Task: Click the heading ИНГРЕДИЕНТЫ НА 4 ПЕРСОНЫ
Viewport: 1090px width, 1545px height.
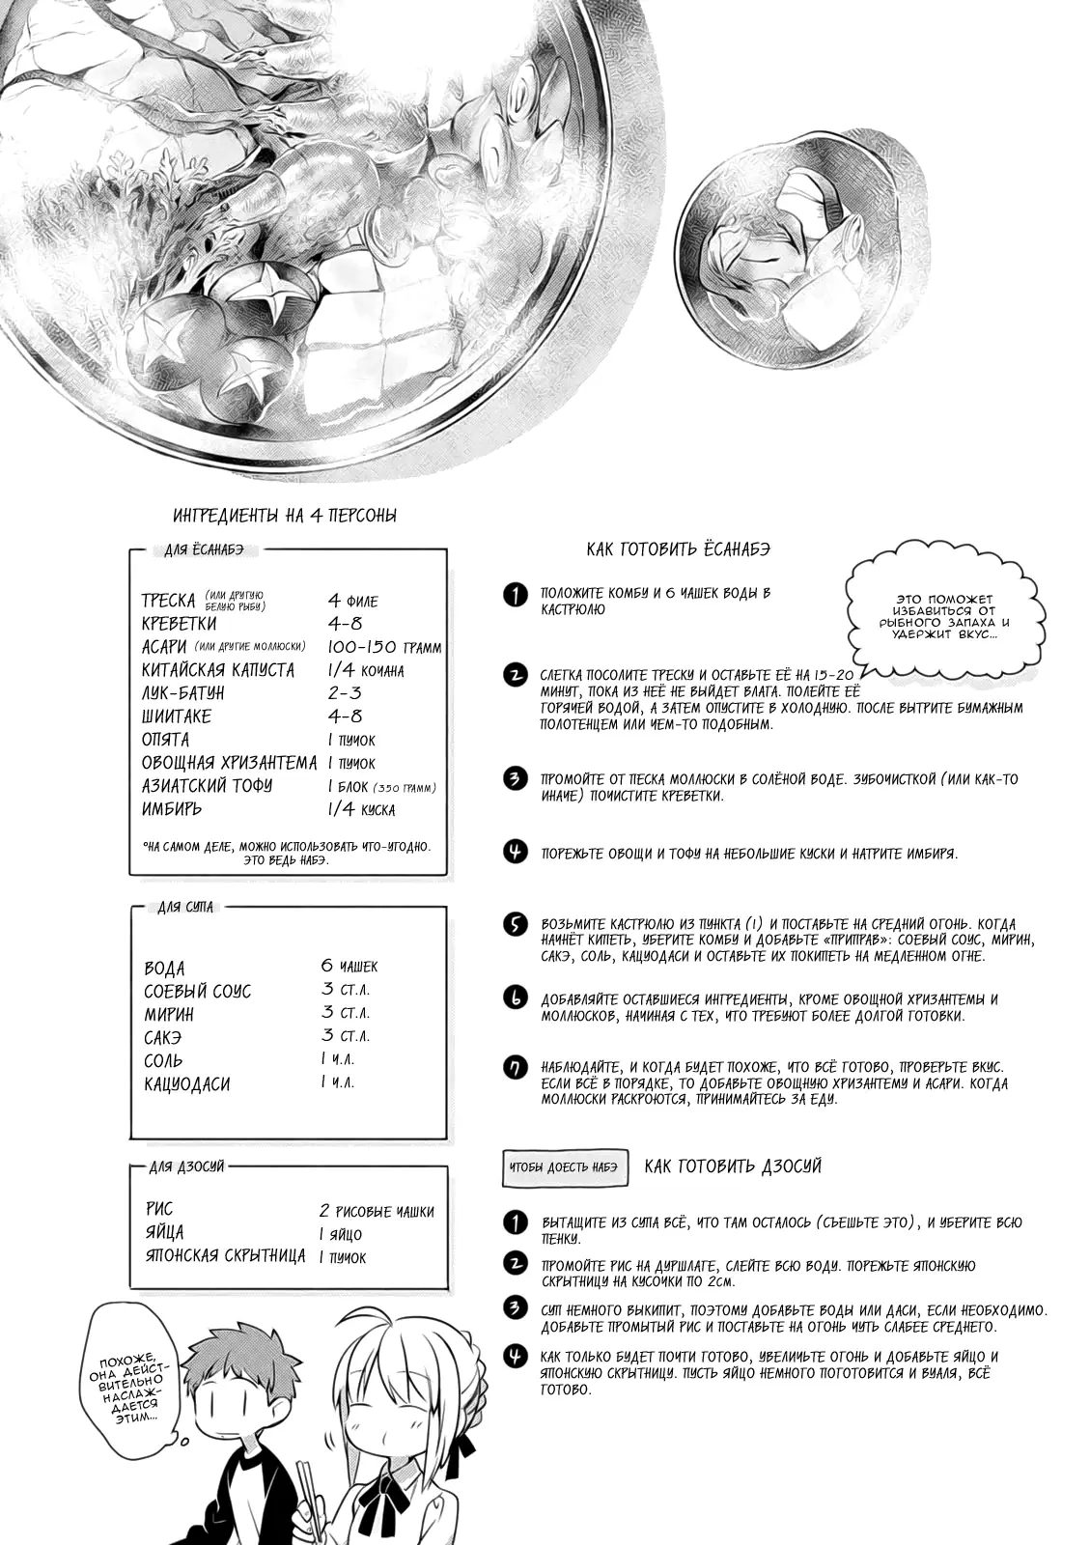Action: click(x=284, y=516)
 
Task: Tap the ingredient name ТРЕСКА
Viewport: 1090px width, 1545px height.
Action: click(x=169, y=601)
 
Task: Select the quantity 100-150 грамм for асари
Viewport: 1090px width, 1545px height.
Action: click(x=384, y=647)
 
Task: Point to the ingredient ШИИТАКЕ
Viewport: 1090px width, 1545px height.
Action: click(x=176, y=716)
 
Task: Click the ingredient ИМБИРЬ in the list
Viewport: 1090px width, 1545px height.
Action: click(x=174, y=809)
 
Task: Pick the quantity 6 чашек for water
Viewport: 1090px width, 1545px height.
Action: click(x=349, y=966)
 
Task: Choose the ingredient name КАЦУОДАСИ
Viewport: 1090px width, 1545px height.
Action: click(x=187, y=1083)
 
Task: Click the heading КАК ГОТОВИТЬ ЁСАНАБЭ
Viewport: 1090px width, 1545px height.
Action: click(x=678, y=549)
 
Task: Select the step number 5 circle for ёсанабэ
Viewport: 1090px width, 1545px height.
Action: click(x=516, y=924)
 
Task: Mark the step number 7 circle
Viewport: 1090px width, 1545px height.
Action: click(x=516, y=1067)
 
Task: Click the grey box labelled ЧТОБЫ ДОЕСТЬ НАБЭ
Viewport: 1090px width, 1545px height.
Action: click(x=565, y=1167)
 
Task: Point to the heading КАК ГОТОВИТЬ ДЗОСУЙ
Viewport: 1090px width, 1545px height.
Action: click(x=733, y=1166)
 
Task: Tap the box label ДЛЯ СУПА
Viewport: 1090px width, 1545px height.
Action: click(x=185, y=908)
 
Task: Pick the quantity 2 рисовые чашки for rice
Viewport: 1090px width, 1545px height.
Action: click(x=377, y=1211)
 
